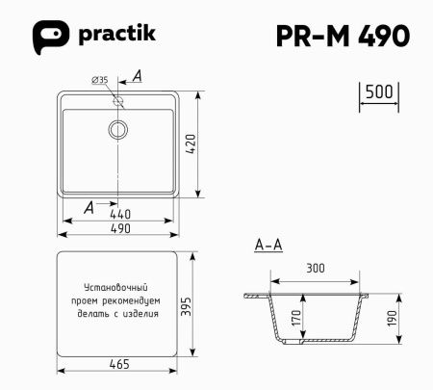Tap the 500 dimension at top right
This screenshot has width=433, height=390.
[379, 92]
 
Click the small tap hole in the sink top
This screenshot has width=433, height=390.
[118, 100]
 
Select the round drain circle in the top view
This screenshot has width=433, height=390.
[118, 128]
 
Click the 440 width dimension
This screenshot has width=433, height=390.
[119, 213]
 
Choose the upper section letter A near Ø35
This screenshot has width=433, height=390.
[137, 76]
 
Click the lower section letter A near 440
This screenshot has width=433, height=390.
[89, 206]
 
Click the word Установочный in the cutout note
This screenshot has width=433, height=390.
[115, 288]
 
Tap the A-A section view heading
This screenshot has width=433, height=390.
[267, 247]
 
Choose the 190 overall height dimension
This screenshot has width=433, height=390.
[394, 318]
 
